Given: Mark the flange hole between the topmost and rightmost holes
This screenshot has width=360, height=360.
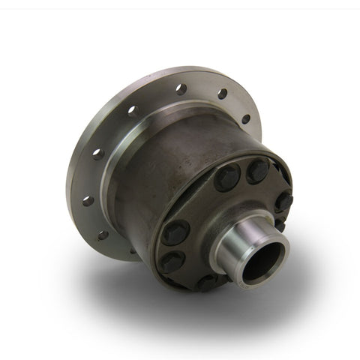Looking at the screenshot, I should pos(223,95).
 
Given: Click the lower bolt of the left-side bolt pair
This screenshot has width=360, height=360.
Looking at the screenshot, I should pos(173,262).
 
